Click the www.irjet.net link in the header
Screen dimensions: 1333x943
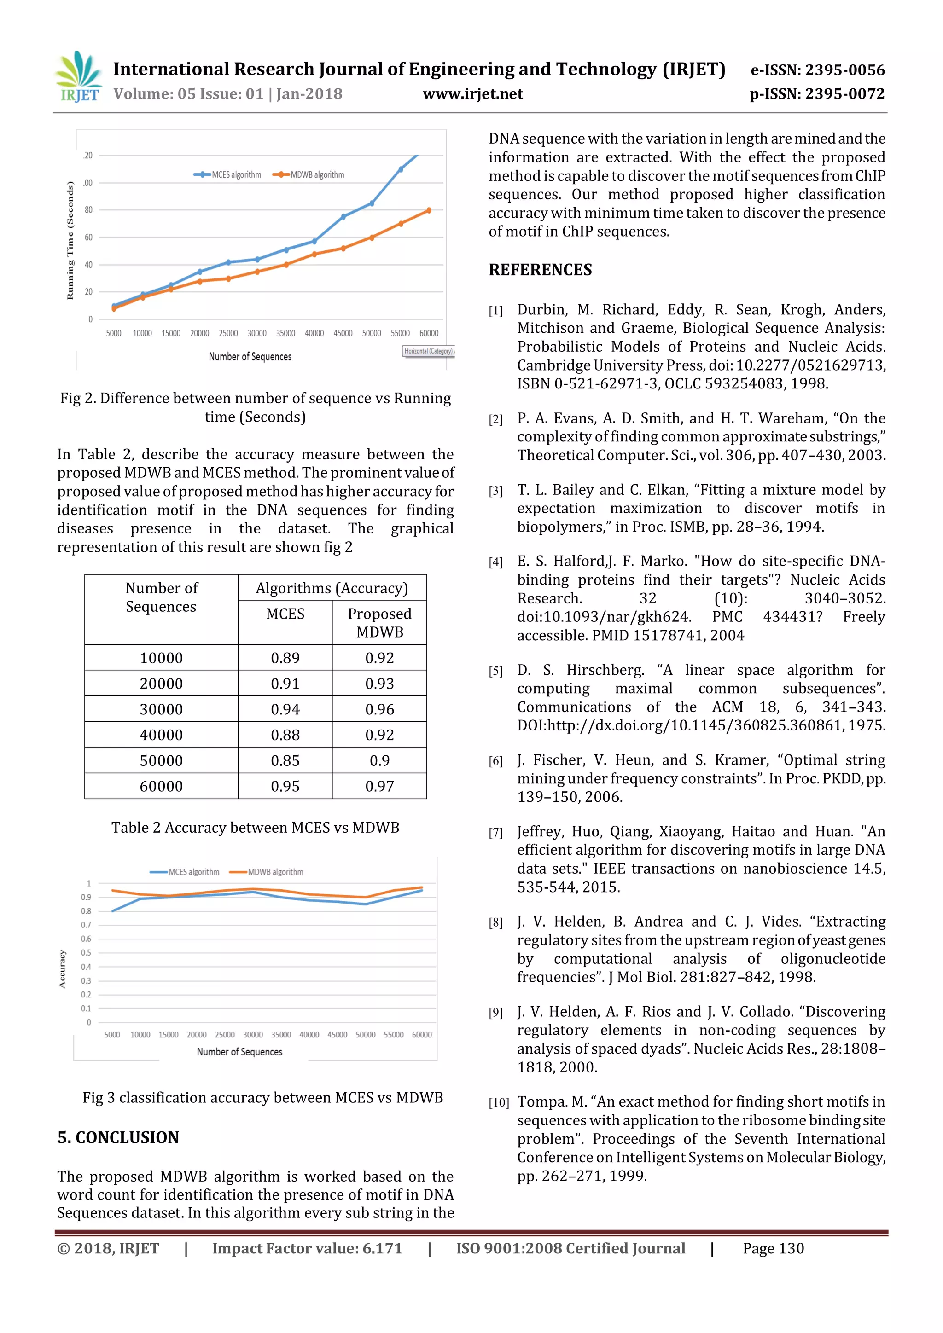click(473, 94)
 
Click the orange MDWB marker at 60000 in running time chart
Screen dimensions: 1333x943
click(429, 211)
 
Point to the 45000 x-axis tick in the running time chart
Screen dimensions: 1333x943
click(343, 333)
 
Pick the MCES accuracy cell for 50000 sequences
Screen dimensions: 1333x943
click(285, 760)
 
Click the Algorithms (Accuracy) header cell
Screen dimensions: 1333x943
click(332, 588)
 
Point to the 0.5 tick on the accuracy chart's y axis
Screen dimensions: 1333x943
click(86, 953)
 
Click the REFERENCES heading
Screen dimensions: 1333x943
click(540, 270)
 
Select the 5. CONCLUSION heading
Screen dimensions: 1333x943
click(118, 1137)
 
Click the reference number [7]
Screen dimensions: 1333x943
click(495, 833)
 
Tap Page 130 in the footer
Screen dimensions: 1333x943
click(773, 1248)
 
